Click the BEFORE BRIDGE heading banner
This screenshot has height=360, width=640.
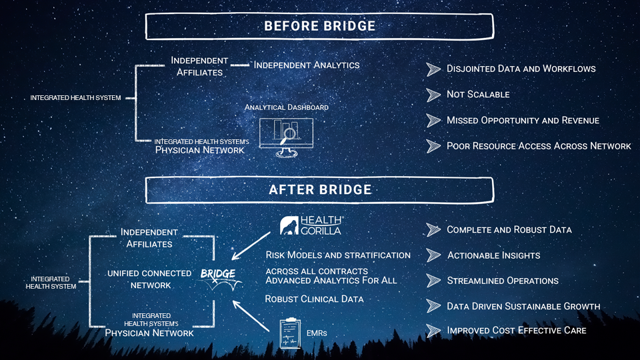click(319, 27)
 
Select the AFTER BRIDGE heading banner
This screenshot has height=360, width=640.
click(319, 190)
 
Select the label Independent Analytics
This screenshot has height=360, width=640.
click(307, 65)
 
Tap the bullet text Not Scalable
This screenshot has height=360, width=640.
click(478, 95)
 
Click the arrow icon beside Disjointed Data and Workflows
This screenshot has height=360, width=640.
click(434, 69)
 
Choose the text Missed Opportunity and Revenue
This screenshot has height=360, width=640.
click(523, 121)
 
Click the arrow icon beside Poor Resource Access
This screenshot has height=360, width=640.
click(434, 146)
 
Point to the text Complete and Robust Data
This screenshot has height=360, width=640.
click(509, 230)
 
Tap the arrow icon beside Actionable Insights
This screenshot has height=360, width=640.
click(434, 255)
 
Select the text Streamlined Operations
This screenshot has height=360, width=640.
click(502, 281)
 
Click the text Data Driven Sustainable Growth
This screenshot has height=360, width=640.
click(523, 307)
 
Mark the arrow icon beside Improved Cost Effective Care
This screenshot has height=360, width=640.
click(434, 331)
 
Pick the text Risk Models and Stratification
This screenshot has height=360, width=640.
click(338, 255)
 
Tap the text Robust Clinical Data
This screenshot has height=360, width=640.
click(314, 299)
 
